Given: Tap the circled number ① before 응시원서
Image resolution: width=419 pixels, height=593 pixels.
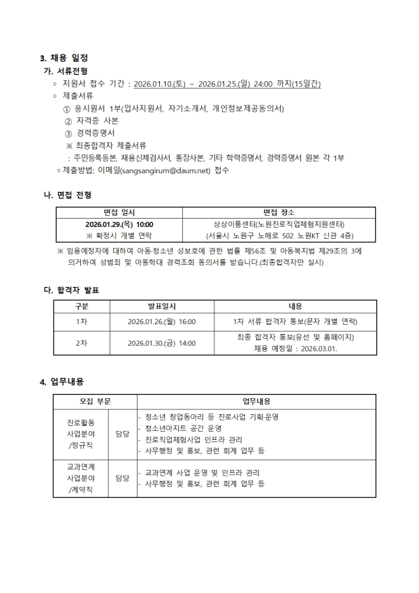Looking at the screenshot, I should click(67, 108).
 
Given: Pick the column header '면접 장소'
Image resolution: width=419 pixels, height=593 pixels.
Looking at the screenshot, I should click(279, 212).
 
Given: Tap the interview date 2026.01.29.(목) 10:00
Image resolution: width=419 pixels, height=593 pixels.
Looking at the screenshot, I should click(119, 224).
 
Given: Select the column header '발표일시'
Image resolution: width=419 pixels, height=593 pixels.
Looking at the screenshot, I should click(162, 306).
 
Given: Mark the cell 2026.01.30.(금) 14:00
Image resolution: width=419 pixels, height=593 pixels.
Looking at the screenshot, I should click(162, 343).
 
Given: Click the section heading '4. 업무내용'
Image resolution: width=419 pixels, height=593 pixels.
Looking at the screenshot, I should click(62, 381).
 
